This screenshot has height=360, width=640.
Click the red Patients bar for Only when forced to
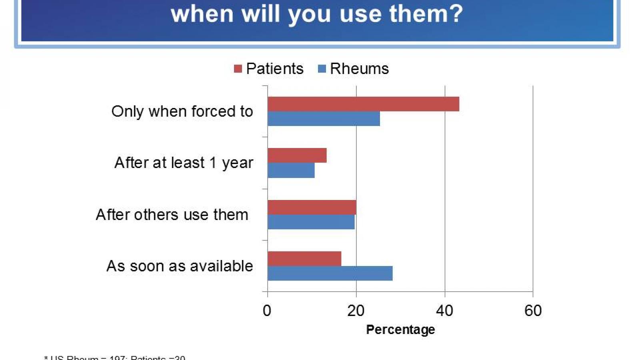click(363, 104)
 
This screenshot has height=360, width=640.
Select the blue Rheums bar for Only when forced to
click(324, 119)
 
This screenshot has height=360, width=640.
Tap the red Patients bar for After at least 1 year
click(297, 155)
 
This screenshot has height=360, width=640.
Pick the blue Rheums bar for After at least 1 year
click(291, 170)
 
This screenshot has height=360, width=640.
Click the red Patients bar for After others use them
click(312, 207)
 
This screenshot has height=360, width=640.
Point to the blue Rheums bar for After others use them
click(311, 222)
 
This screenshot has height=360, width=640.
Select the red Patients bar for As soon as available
click(304, 259)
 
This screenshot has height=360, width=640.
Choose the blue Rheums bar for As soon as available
click(330, 274)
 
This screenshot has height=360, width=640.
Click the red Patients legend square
click(238, 69)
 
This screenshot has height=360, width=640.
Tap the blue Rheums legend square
click(322, 69)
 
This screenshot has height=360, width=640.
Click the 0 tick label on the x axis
click(267, 311)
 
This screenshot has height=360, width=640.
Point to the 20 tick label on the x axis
click(356, 311)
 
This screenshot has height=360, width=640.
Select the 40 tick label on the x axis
click(444, 311)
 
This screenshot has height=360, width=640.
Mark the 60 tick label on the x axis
click(533, 311)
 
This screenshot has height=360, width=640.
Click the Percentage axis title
click(400, 330)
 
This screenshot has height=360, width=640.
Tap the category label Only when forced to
click(182, 111)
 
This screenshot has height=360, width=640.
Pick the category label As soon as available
click(180, 266)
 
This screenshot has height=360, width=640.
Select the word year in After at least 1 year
click(238, 163)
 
